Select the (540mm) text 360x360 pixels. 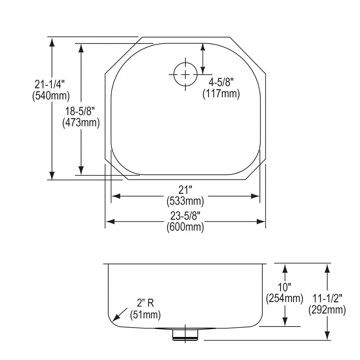tap(50, 96)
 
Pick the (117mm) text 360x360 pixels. tap(221, 94)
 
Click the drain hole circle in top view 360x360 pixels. tap(185, 74)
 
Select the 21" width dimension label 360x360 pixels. tap(185, 190)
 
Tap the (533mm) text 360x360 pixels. tap(185, 201)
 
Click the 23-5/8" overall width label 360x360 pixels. tap(185, 216)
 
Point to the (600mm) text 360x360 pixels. tap(185, 227)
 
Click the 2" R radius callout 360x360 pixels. tap(145, 303)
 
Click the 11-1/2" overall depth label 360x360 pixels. tap(327, 298)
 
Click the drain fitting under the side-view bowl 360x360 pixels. tap(185, 335)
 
